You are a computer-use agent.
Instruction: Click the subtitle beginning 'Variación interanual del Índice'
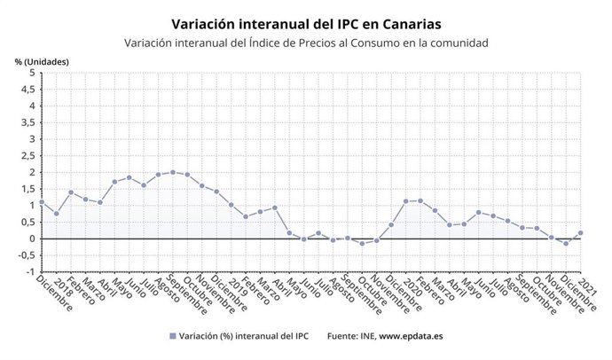click(x=306, y=43)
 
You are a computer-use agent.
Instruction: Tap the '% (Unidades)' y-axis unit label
click(x=42, y=61)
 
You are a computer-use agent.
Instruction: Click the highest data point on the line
click(x=173, y=172)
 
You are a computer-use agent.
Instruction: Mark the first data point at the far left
click(x=42, y=202)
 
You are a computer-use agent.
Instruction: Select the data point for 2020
click(x=405, y=201)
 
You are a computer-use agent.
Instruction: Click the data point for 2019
click(x=231, y=205)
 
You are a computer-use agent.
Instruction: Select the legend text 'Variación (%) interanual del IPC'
click(x=243, y=336)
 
